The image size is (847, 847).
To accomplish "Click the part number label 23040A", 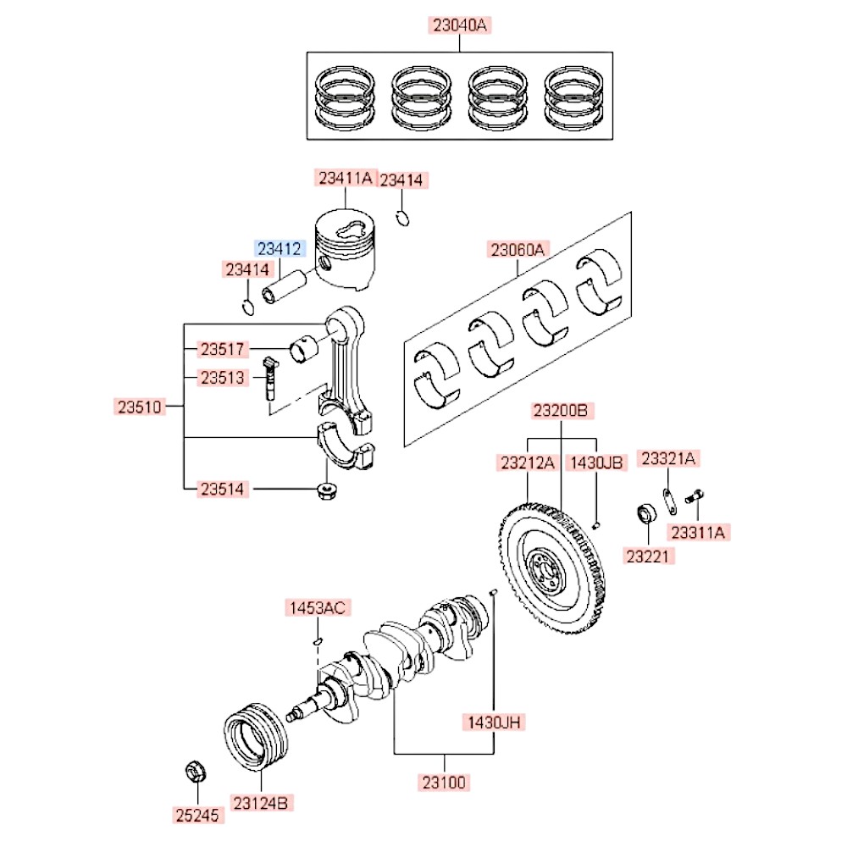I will [460, 25].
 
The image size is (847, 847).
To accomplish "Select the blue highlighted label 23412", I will [279, 248].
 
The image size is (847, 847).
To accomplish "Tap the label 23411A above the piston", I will [345, 178].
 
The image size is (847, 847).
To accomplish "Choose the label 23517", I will [223, 349].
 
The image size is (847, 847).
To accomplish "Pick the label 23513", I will [223, 378].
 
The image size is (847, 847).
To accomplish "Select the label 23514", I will [223, 489].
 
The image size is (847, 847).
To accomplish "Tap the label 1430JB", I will [595, 462].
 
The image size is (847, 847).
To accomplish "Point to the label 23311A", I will [699, 532].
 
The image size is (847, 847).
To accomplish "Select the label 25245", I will [197, 816].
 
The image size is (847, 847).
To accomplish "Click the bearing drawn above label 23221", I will [646, 513].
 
